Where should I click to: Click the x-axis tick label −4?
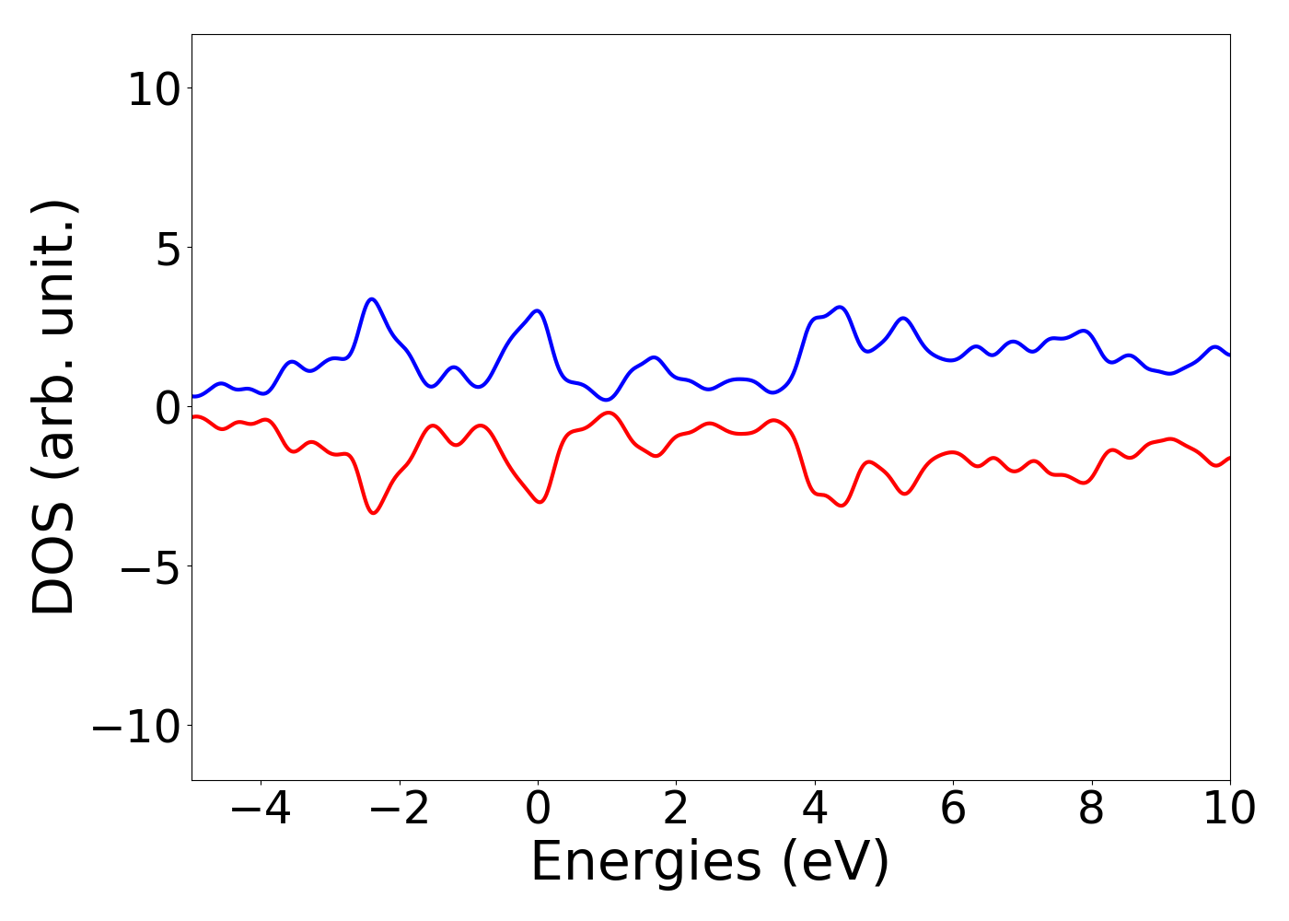point(261,810)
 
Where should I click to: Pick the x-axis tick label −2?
point(399,810)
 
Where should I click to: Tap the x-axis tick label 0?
point(538,810)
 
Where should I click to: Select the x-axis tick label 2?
point(676,810)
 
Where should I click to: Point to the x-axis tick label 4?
point(815,810)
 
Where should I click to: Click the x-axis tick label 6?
point(953,810)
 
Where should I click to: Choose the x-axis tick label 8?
point(1091,810)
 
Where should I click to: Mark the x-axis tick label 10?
point(1228,810)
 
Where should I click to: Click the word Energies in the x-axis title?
point(645,864)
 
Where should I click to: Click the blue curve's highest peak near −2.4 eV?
point(372,299)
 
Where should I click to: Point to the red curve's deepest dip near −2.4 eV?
point(372,513)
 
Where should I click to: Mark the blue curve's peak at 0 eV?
point(538,310)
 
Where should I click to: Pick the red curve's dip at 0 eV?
point(539,502)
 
